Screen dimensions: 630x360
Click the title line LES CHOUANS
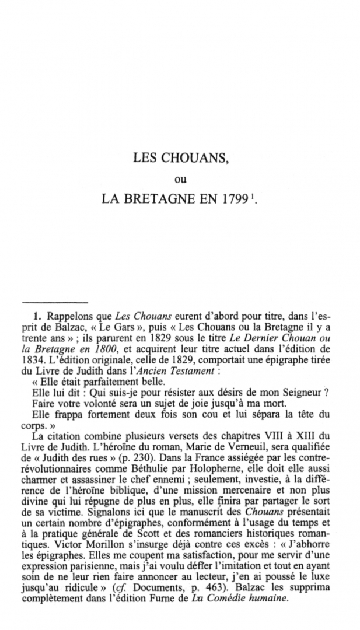179,157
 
